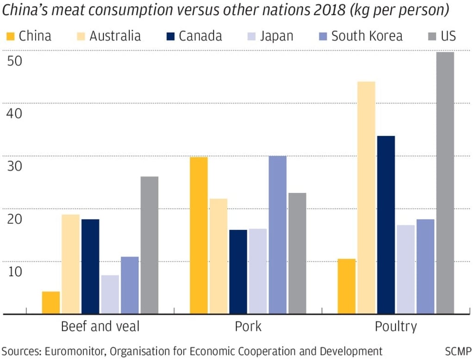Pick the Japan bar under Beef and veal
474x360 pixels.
coord(110,294)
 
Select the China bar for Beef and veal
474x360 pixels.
coord(51,303)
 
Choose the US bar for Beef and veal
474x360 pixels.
coord(149,245)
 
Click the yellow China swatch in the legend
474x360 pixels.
coord(11,36)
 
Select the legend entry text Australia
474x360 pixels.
coord(115,36)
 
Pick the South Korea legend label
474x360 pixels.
coord(367,36)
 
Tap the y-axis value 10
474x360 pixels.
coord(15,271)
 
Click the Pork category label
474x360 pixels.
coord(248,327)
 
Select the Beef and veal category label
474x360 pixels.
coord(100,327)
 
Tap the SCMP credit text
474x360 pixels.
coord(458,351)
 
